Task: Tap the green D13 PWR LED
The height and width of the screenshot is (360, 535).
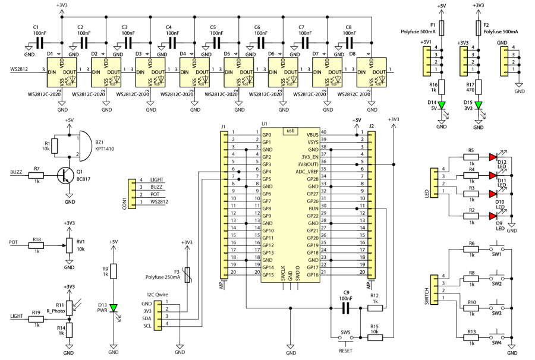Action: coord(114,307)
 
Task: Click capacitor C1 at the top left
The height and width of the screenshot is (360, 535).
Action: coord(40,43)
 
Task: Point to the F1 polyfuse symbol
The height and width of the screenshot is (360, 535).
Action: coord(440,28)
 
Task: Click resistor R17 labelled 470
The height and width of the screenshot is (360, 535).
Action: coord(478,86)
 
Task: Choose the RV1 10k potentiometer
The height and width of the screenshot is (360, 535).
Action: coord(70,244)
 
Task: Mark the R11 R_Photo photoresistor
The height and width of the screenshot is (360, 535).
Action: coord(70,307)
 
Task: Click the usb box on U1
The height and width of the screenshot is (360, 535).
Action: coord(290,131)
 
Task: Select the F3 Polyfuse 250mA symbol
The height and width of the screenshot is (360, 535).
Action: coord(187,275)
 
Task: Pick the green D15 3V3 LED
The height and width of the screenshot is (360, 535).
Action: coord(478,105)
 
